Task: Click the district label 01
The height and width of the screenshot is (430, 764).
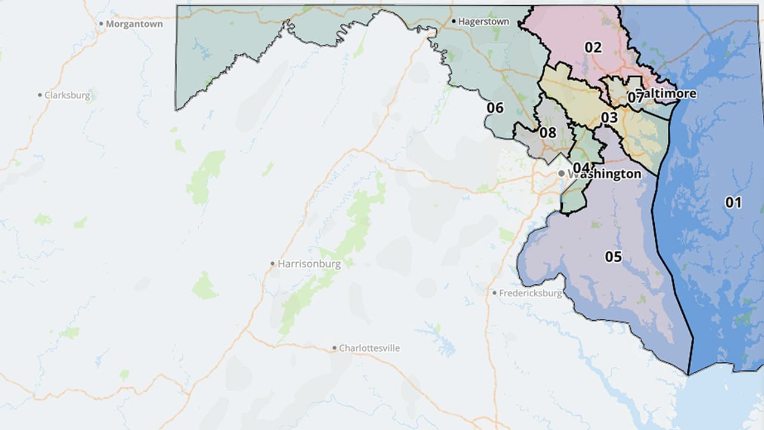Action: pyautogui.click(x=733, y=202)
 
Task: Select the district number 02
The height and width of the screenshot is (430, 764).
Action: pyautogui.click(x=593, y=47)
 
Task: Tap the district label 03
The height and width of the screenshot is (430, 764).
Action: pyautogui.click(x=609, y=118)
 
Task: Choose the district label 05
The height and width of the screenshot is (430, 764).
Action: pyautogui.click(x=613, y=257)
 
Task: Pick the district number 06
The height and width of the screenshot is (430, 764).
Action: pyautogui.click(x=495, y=108)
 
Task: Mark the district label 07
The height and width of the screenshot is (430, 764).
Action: pyautogui.click(x=634, y=97)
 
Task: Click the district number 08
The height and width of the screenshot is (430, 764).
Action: pyautogui.click(x=547, y=133)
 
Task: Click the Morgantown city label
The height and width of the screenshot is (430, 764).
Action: pyautogui.click(x=134, y=24)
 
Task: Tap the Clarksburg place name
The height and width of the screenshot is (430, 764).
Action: pyautogui.click(x=67, y=95)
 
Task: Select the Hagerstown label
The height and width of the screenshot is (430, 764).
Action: pyautogui.click(x=483, y=21)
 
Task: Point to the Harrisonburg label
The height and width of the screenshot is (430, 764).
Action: pyautogui.click(x=309, y=263)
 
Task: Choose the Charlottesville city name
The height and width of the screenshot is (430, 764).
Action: pyautogui.click(x=369, y=348)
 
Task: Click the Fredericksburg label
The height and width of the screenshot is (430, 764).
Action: pyautogui.click(x=531, y=293)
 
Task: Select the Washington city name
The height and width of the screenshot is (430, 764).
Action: pyautogui.click(x=604, y=174)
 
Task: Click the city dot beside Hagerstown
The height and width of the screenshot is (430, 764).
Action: pyautogui.click(x=454, y=21)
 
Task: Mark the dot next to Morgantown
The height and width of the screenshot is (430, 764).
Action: pyautogui.click(x=101, y=24)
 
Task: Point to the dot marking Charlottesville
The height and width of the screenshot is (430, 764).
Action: pyautogui.click(x=334, y=348)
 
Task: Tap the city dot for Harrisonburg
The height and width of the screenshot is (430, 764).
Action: pyautogui.click(x=272, y=263)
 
